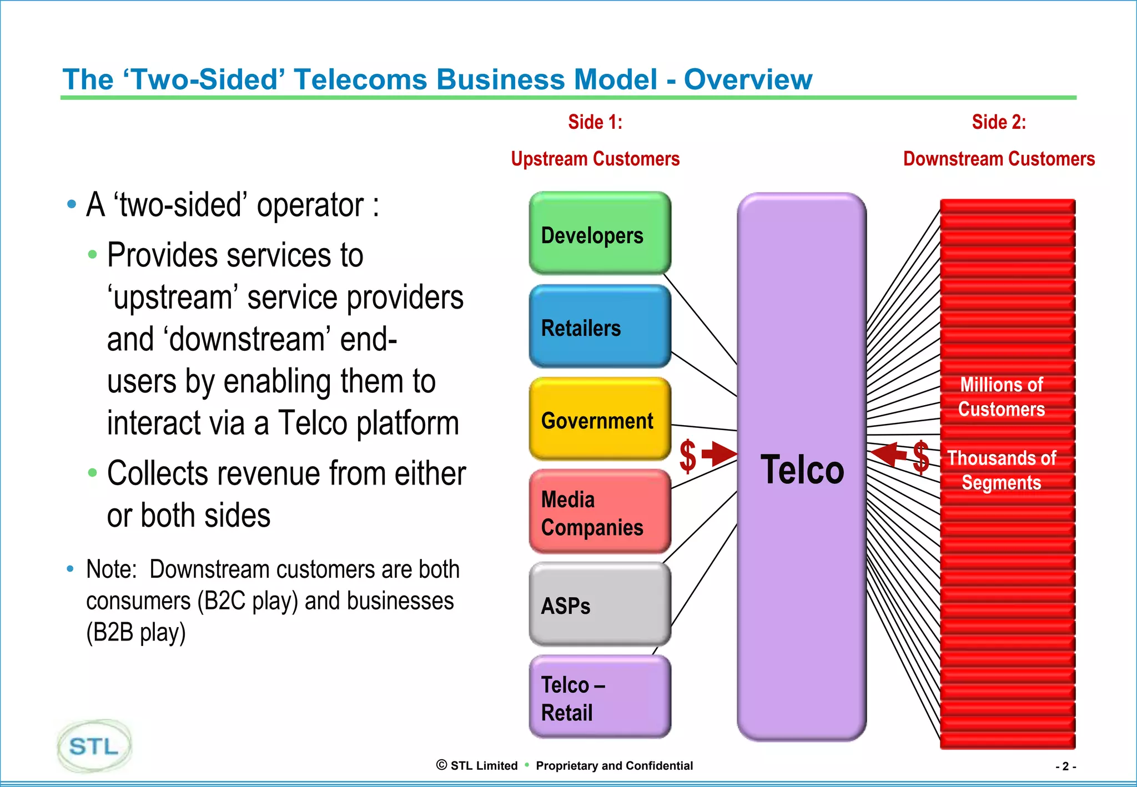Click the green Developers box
[x=600, y=234]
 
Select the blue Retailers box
[x=600, y=326]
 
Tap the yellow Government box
[x=600, y=420]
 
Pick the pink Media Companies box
[x=600, y=512]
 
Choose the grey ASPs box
[x=600, y=605]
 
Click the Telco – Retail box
[x=600, y=698]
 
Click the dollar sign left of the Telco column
[x=688, y=456]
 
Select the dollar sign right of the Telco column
[x=921, y=457]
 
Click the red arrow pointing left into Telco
[x=889, y=454]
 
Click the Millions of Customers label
[x=1002, y=397]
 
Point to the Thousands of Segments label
[x=1002, y=470]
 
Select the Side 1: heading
[x=595, y=122]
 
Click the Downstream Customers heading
[x=999, y=159]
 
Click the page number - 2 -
[x=1065, y=766]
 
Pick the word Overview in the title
[x=748, y=79]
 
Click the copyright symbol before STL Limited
[x=442, y=765]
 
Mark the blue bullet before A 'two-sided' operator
[x=71, y=204]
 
